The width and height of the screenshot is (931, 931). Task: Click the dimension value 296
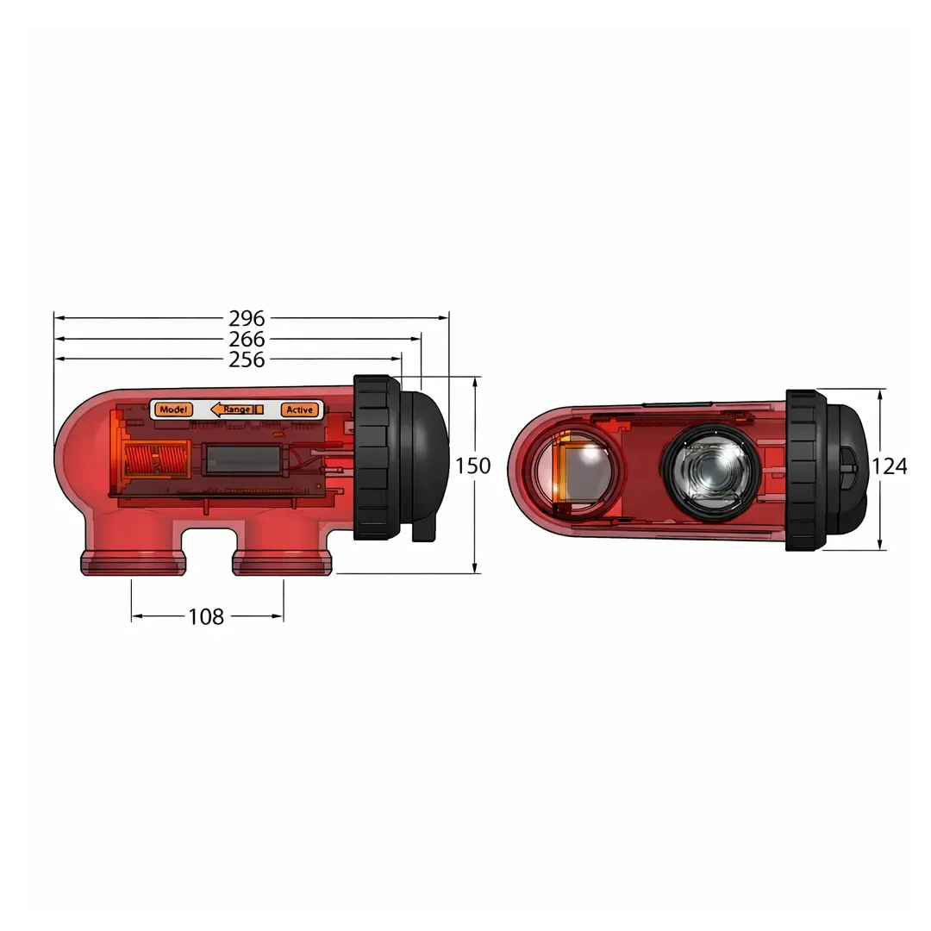point(247,318)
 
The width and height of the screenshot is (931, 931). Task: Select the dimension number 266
point(247,340)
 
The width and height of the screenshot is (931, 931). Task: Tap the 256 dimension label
point(247,360)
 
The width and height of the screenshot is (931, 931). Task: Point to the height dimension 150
point(473,466)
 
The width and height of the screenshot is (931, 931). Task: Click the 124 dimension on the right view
point(889,466)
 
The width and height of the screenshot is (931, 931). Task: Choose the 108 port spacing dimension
point(206,616)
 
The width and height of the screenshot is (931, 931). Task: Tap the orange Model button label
point(174,409)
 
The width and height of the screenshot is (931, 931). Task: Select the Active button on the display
point(299,409)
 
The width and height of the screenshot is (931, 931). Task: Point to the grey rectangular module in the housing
point(242,459)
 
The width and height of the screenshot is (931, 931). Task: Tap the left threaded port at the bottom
point(133,562)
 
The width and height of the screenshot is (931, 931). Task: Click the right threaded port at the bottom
point(282,562)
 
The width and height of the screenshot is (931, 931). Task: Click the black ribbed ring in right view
point(805,470)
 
